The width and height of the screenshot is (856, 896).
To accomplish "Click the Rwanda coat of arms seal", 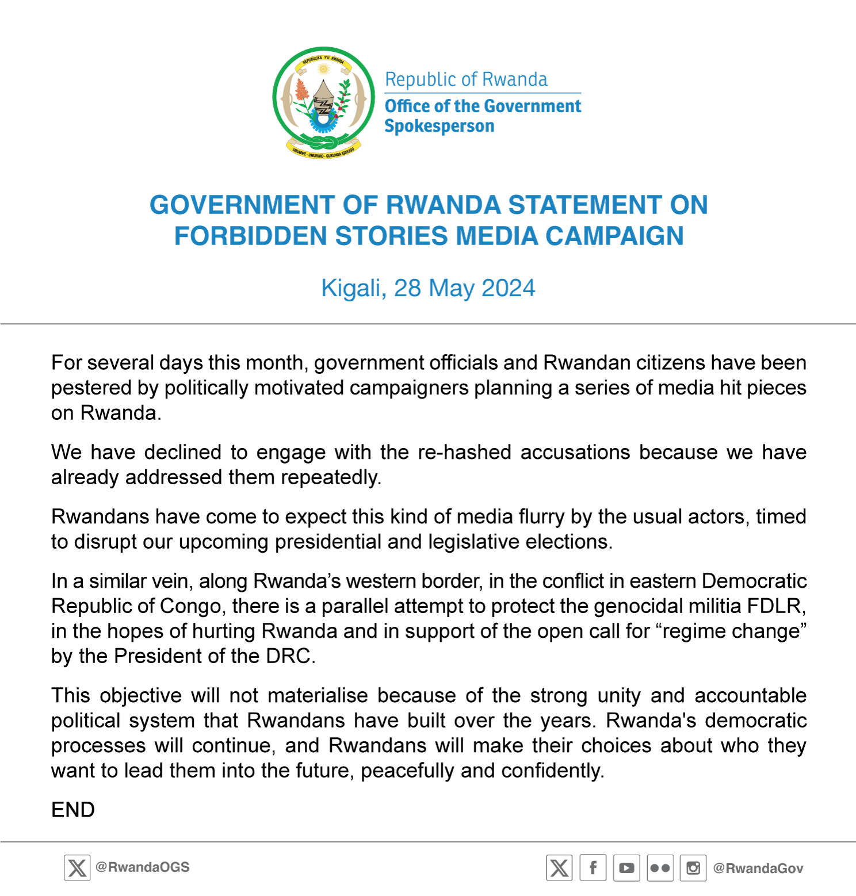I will point(323,102).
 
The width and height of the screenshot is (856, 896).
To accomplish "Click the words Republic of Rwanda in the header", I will point(466,79).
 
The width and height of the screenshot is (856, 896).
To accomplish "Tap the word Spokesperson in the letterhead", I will point(439,126).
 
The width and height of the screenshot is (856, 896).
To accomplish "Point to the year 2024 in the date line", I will point(508,288).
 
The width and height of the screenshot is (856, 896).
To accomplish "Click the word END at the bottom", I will point(73,810).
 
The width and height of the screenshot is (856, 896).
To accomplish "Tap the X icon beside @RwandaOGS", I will point(77,868).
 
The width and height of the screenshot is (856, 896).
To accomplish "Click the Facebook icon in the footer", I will point(593,868).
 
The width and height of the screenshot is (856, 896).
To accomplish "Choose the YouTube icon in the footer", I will point(626,868).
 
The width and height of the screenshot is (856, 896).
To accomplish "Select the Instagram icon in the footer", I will point(693,868).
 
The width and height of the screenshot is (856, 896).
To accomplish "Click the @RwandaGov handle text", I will point(758,868).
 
